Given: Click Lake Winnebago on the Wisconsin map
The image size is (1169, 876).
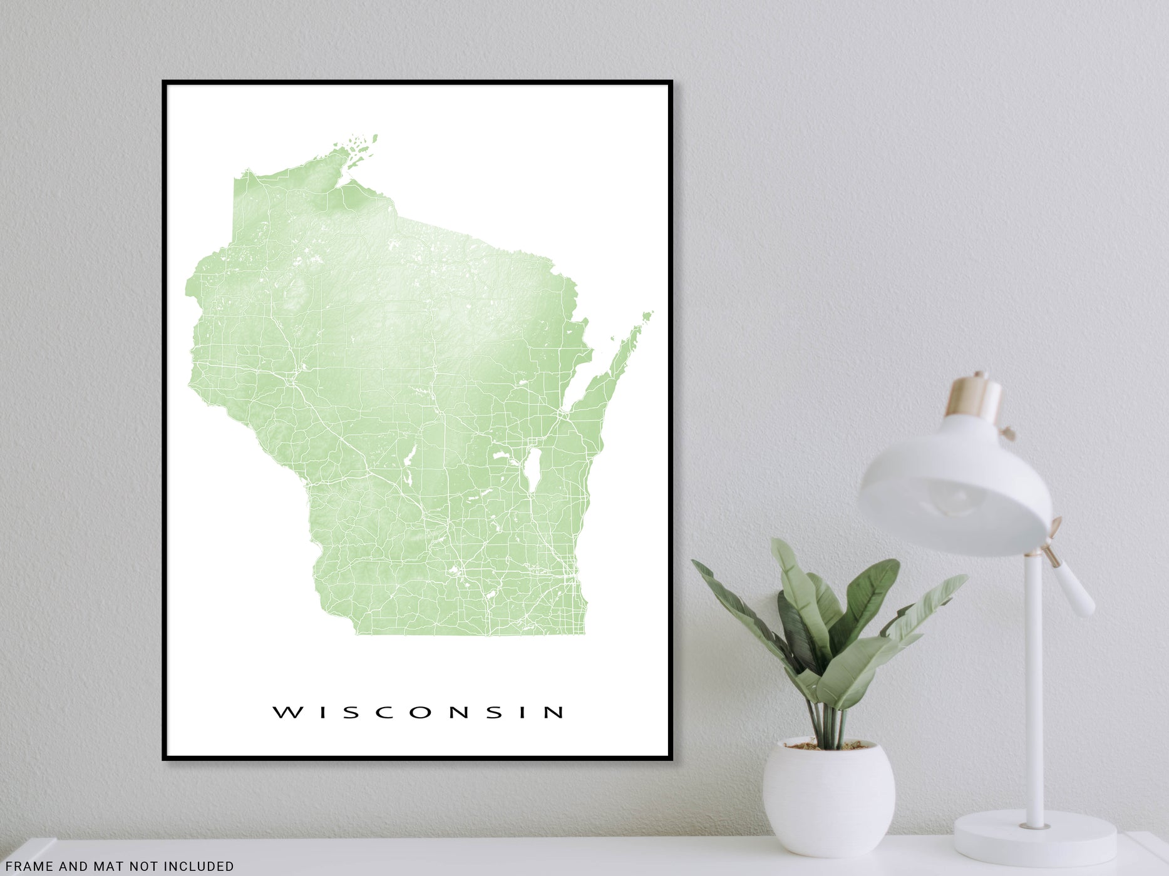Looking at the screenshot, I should point(533,470).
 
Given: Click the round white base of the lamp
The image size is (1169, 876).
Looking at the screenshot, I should point(1034,832).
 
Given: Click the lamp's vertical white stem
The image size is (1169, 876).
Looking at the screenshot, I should point(1036,688).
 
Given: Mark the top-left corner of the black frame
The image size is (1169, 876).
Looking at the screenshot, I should point(164,82).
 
